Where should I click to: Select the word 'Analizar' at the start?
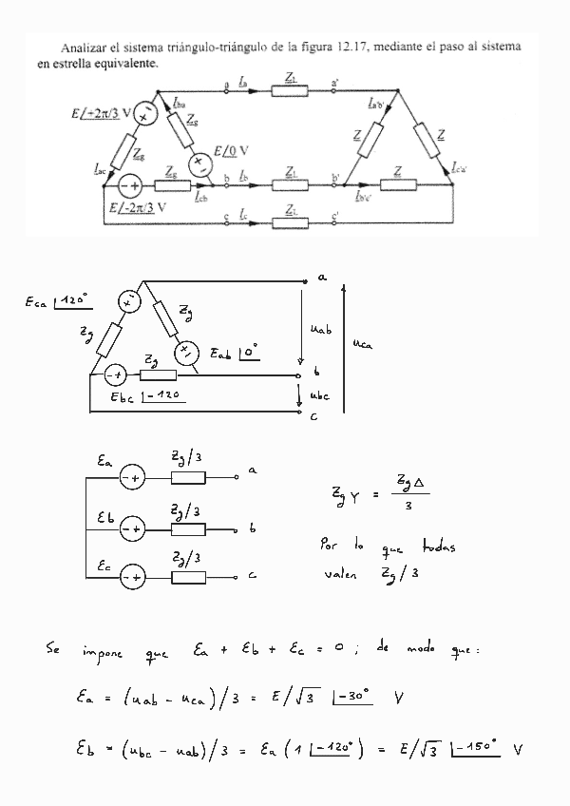(83, 46)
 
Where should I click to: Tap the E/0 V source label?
(231, 150)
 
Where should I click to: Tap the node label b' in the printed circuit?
(335, 177)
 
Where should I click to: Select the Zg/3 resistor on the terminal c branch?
(188, 576)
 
